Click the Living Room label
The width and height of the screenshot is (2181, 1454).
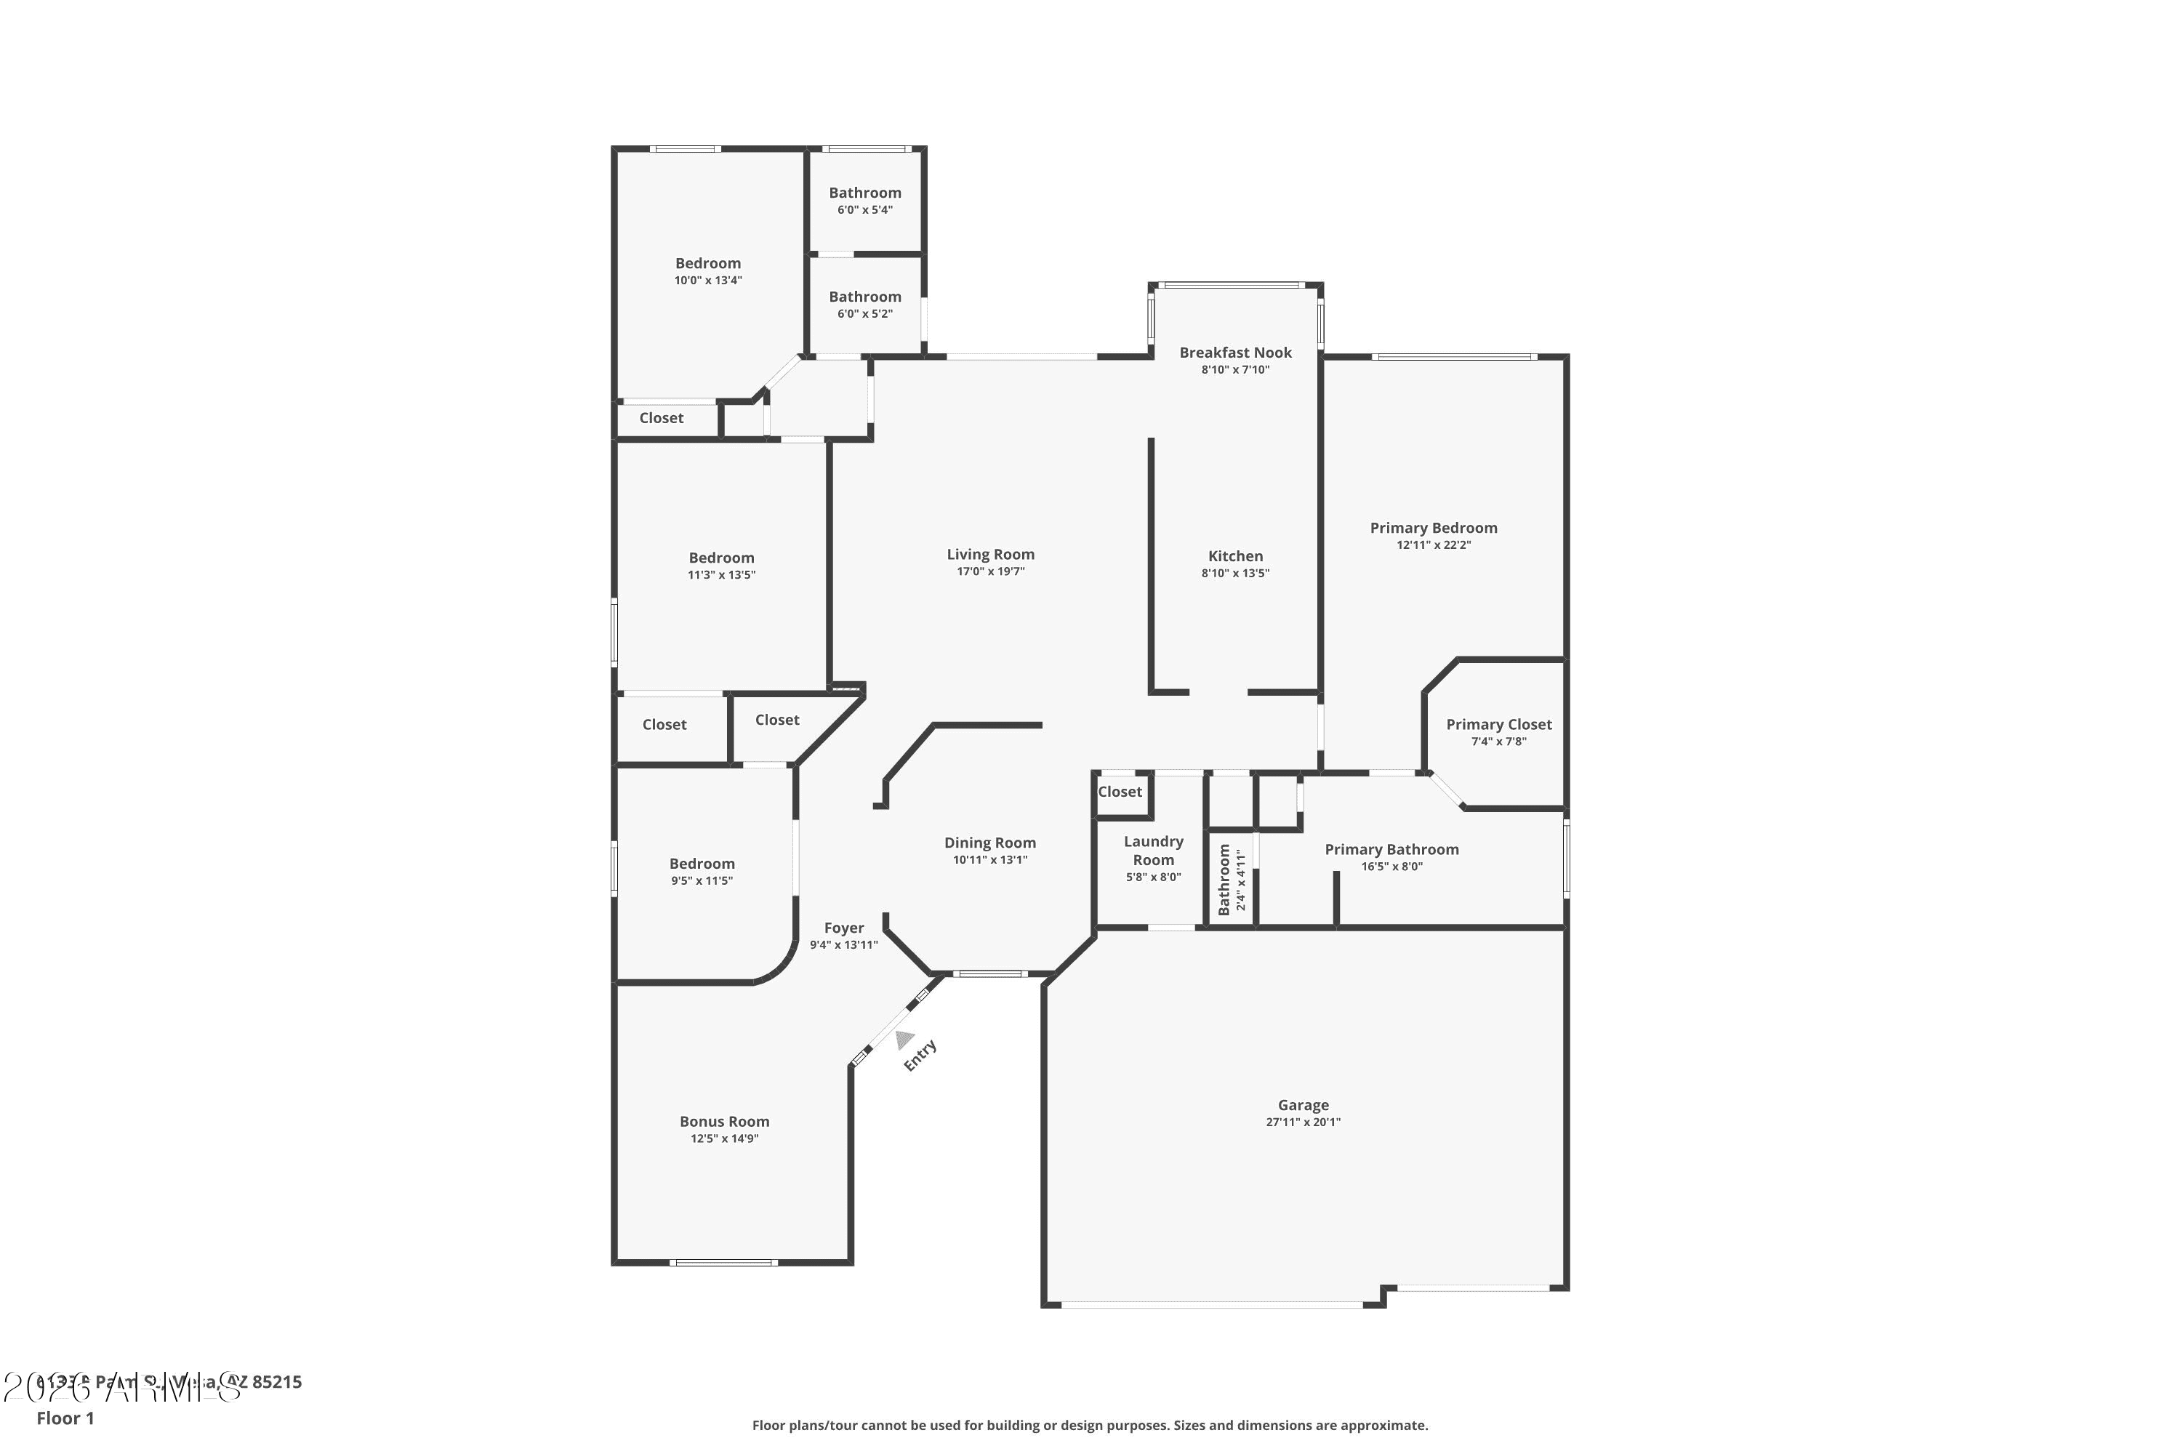coord(990,555)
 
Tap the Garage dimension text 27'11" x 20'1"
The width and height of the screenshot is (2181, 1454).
coord(1303,1122)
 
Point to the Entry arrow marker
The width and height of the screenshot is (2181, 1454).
coord(905,1040)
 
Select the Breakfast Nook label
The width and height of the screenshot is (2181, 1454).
coord(1235,353)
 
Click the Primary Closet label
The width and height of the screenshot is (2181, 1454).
coord(1498,724)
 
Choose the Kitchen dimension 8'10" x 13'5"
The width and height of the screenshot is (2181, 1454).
coord(1235,573)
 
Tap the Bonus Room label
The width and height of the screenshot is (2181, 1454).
coord(724,1121)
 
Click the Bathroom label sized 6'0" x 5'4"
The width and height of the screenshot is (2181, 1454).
coord(864,193)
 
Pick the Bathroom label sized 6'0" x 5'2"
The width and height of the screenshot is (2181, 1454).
coord(864,297)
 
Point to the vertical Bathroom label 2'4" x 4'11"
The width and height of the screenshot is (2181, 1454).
coord(1224,879)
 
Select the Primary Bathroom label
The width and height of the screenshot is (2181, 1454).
coord(1391,849)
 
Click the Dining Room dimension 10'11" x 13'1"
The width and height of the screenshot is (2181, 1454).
coord(989,859)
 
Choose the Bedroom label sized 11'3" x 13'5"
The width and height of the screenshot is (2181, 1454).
coord(721,558)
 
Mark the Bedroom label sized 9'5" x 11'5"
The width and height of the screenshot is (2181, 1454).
coord(702,864)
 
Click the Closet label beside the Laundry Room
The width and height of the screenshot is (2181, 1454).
coord(1120,791)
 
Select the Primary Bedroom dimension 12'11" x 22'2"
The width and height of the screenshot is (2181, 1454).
coord(1434,545)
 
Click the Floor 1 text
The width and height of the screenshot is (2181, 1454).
coord(65,1418)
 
